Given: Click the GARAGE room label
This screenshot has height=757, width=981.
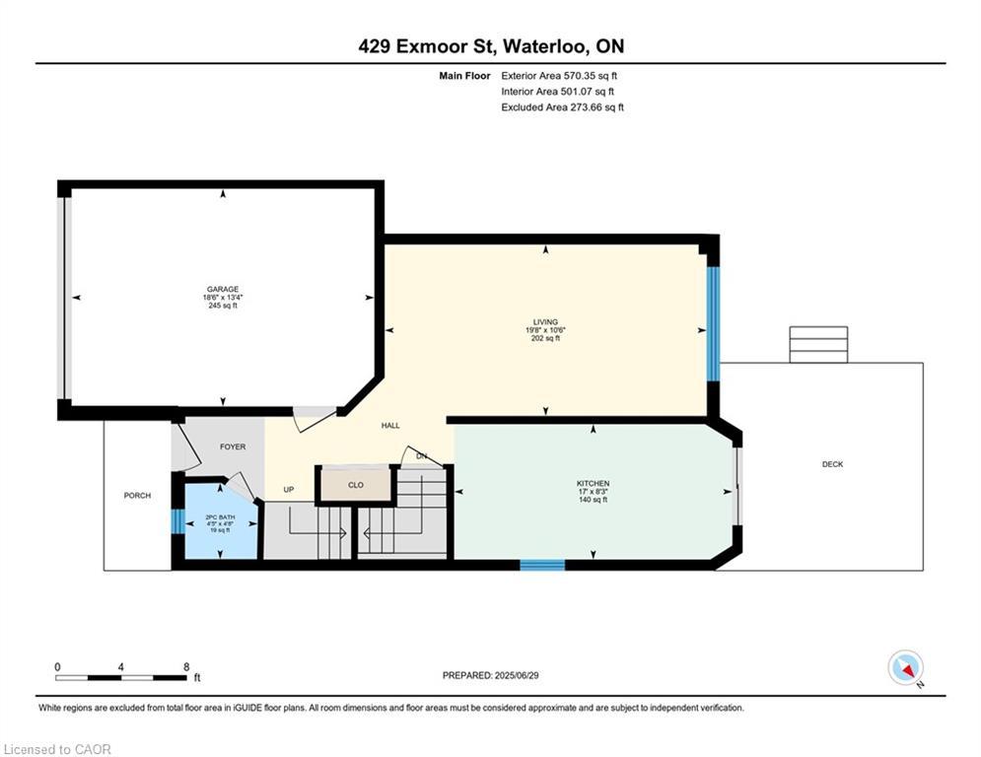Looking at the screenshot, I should (x=223, y=290).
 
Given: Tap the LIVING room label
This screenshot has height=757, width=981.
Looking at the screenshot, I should (x=545, y=322).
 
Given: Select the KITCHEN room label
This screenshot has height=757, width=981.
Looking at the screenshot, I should (x=593, y=484).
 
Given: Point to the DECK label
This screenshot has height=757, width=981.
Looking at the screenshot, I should (x=832, y=465).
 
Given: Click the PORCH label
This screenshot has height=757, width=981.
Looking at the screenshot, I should (x=137, y=496).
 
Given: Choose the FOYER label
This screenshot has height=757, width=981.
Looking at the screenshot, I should (x=233, y=447).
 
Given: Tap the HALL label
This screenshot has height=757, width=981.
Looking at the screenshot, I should (x=390, y=426).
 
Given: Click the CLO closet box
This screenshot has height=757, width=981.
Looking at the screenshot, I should (x=356, y=485).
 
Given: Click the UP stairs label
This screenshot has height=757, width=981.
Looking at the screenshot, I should (x=289, y=490).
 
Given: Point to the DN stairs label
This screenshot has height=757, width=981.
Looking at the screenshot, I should (x=422, y=456).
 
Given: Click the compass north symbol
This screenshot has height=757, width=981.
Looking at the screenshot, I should (x=904, y=667).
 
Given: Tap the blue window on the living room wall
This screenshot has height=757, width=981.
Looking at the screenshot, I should (x=712, y=323).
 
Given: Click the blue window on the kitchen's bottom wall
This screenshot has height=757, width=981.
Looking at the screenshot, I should (x=542, y=565).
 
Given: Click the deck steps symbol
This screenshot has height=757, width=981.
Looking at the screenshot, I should (x=817, y=345).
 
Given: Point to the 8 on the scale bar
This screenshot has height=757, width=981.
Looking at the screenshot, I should (x=185, y=666).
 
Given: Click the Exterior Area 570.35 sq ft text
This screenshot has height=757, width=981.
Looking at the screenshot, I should (x=560, y=75).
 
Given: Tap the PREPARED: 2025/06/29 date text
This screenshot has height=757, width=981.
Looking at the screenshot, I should (x=489, y=675).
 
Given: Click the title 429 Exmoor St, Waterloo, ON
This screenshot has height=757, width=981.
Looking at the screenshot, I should (x=490, y=46).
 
